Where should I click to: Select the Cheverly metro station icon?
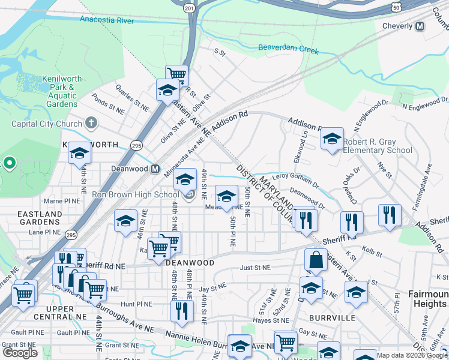(420, 26)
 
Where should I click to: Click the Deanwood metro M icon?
(155, 169)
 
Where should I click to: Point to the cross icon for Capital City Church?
(91, 124)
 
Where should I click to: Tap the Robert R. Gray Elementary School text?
(378, 146)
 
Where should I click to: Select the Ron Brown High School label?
(135, 194)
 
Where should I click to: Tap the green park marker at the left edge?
(9, 163)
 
